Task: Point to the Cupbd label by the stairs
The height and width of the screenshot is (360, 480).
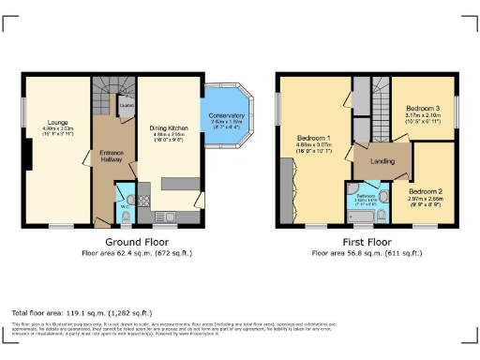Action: click(x=125, y=106)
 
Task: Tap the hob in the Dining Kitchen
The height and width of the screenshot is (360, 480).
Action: click(x=145, y=199)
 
